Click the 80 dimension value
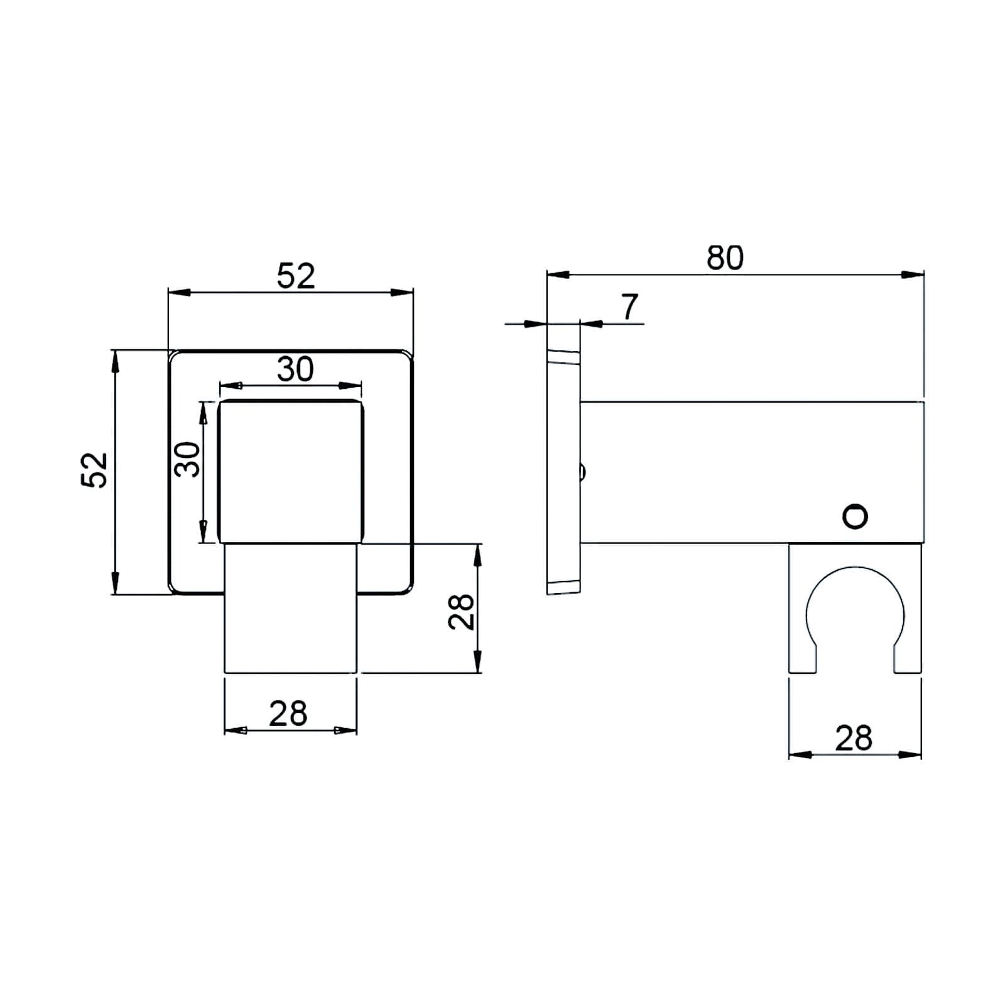[725, 258]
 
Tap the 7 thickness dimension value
[629, 307]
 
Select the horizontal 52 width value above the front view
[296, 276]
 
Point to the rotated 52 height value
[95, 470]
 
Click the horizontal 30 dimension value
[295, 369]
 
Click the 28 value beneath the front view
[288, 714]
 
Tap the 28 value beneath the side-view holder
[854, 738]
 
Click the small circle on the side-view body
[855, 516]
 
